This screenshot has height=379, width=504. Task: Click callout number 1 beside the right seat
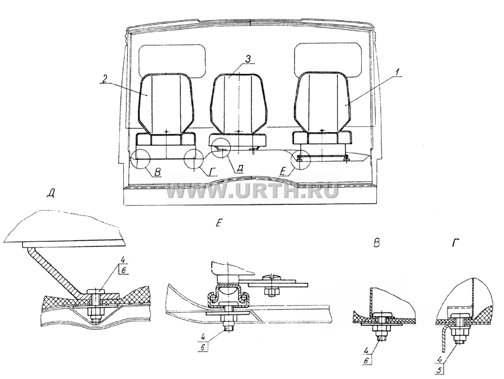(398, 72)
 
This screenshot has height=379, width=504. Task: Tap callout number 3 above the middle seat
(248, 59)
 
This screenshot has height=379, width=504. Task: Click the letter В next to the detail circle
(157, 173)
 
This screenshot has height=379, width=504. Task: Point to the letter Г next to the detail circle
(212, 172)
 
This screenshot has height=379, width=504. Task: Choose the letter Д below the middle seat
(239, 169)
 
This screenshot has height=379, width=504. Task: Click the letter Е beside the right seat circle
(283, 172)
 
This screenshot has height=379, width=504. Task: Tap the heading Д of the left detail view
(50, 194)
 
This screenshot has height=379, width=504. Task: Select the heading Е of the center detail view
(218, 223)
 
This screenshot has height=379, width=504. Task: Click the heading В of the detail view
(377, 244)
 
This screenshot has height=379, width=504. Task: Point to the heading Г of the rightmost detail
(455, 244)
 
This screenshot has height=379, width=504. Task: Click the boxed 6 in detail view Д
(123, 270)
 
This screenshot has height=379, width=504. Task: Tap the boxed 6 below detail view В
(366, 361)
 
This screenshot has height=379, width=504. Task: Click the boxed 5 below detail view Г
(439, 370)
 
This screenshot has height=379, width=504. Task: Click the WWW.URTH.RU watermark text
(253, 191)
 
